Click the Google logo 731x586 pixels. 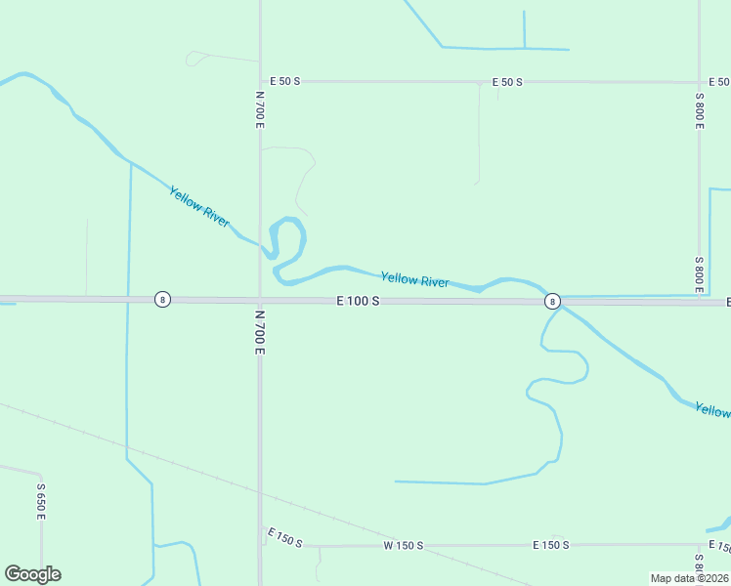(32, 574)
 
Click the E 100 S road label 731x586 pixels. (358, 302)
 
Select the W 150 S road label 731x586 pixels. (403, 545)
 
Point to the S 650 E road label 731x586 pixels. (41, 500)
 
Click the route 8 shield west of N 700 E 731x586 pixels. (162, 299)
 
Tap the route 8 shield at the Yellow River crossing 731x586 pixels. (552, 301)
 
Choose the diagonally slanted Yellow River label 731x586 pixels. (199, 207)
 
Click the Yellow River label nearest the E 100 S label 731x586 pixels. (414, 280)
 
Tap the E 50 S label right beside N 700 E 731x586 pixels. (285, 81)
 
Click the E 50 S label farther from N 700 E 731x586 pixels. (507, 82)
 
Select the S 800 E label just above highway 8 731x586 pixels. (700, 274)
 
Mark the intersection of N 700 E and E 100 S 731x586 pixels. (260, 300)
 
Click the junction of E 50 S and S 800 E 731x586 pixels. (700, 82)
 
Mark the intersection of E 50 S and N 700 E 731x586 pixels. (260, 81)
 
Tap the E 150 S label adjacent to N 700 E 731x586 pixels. (284, 537)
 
